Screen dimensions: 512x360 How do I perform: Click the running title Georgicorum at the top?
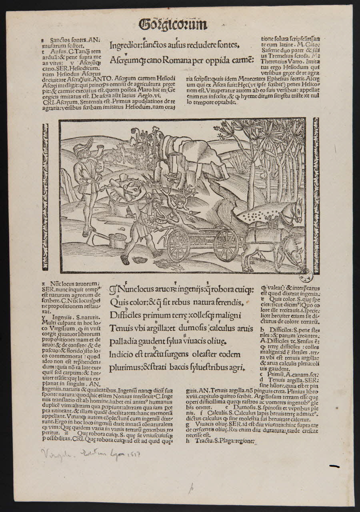click(x=173, y=25)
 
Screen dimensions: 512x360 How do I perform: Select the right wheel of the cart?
click(x=226, y=244)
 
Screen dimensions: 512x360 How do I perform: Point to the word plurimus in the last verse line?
click(x=125, y=368)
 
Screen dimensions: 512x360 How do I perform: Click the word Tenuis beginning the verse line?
click(x=121, y=328)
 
